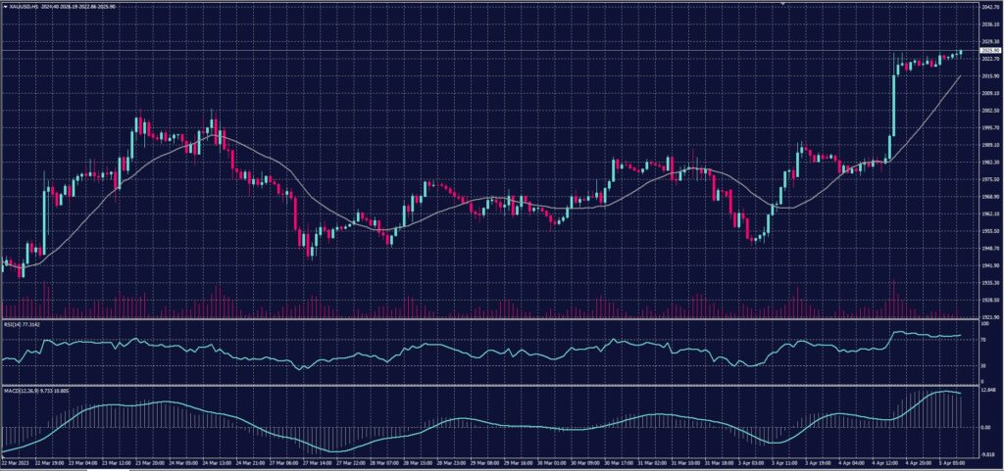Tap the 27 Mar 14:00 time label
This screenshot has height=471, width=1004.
[x=320, y=460]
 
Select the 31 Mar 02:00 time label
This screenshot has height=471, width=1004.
[x=654, y=460]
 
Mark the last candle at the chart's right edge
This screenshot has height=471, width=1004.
[x=961, y=52]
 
